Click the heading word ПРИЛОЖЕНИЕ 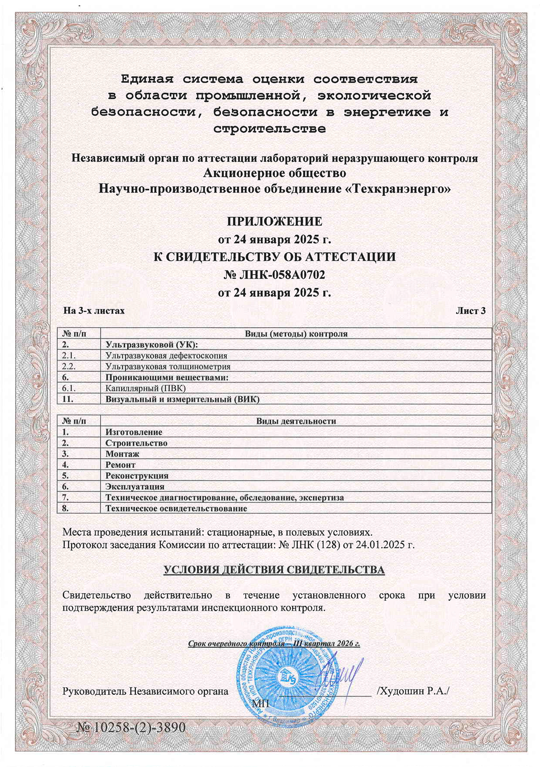[274, 221]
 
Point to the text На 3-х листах [94, 310]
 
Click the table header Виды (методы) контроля [296, 334]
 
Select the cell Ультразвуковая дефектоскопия [166, 355]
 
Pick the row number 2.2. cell [68, 367]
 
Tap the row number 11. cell [68, 399]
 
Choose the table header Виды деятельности [296, 421]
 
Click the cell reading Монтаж [122, 454]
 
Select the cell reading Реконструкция [136, 476]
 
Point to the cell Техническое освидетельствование [176, 509]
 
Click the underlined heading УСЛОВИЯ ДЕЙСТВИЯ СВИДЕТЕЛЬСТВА [274, 570]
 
